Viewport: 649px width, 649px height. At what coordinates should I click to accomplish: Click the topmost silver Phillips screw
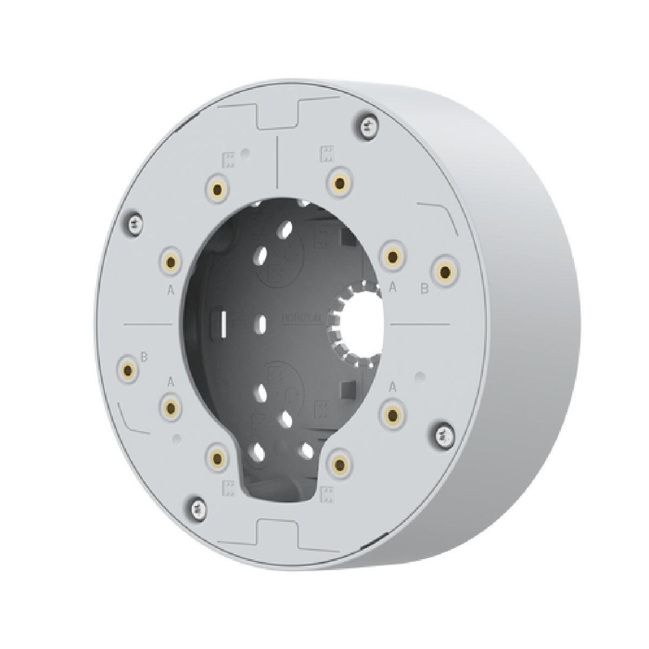[367, 124]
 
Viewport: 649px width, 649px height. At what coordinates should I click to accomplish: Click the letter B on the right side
[425, 290]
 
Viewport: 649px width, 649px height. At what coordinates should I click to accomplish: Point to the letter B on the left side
[144, 357]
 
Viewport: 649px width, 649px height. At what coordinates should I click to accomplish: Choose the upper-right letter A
[393, 288]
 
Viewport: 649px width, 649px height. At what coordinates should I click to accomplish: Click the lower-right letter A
[394, 387]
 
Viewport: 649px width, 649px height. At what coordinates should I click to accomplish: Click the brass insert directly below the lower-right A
[393, 414]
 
